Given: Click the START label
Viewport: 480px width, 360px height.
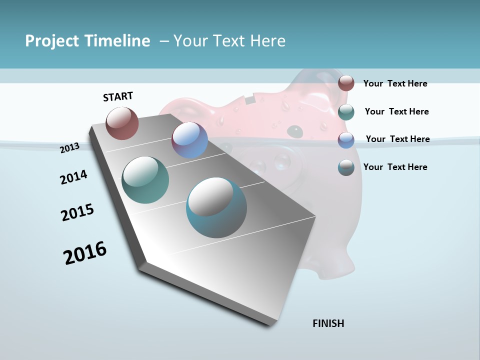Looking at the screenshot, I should [x=118, y=96].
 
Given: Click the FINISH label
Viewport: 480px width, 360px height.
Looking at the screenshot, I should [x=328, y=323].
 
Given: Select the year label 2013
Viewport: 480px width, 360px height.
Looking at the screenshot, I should [x=70, y=147].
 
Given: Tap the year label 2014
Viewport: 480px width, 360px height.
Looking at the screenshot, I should [x=73, y=177].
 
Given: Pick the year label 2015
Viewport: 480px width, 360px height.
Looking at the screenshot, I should [x=77, y=212].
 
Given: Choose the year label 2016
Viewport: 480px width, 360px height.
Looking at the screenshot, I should [x=85, y=252].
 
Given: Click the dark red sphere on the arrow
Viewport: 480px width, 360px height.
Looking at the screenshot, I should [x=122, y=123].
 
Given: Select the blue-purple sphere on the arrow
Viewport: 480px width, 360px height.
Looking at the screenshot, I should [x=189, y=140].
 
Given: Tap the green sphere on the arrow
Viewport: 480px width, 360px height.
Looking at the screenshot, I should [x=145, y=180].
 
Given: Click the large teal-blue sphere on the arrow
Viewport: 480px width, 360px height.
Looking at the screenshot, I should [x=216, y=207].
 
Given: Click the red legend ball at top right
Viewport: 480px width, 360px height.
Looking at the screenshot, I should [x=346, y=83].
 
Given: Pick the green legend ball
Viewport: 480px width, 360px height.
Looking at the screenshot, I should [x=346, y=112].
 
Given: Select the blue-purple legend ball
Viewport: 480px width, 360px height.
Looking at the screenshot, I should [x=346, y=140].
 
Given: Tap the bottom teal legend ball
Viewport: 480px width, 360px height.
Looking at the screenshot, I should [x=346, y=167].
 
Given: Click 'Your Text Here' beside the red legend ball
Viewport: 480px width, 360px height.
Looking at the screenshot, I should [x=395, y=83].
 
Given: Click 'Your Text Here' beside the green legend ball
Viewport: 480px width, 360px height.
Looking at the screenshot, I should [x=396, y=111].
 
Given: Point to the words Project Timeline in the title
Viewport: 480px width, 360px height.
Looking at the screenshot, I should [x=87, y=41].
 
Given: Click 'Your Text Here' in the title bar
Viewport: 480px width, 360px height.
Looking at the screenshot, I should [x=229, y=41].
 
